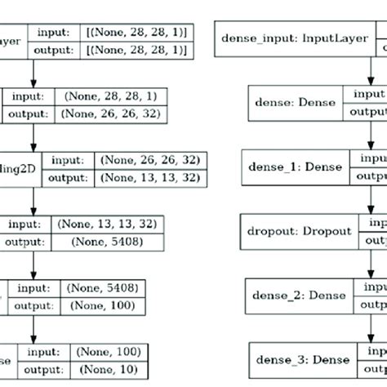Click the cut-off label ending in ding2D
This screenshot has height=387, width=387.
click(x=20, y=167)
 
